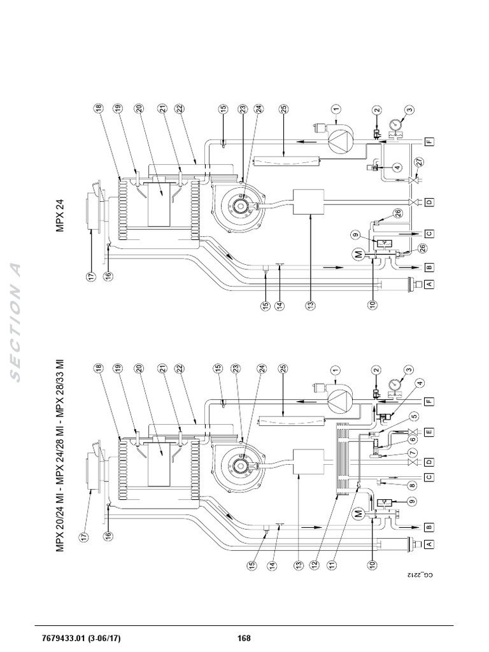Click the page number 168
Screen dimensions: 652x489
(x=244, y=639)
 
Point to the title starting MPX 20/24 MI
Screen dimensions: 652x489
(x=61, y=455)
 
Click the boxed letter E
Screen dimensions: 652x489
(x=429, y=432)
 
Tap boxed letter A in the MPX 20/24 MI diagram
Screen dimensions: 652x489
(x=429, y=543)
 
